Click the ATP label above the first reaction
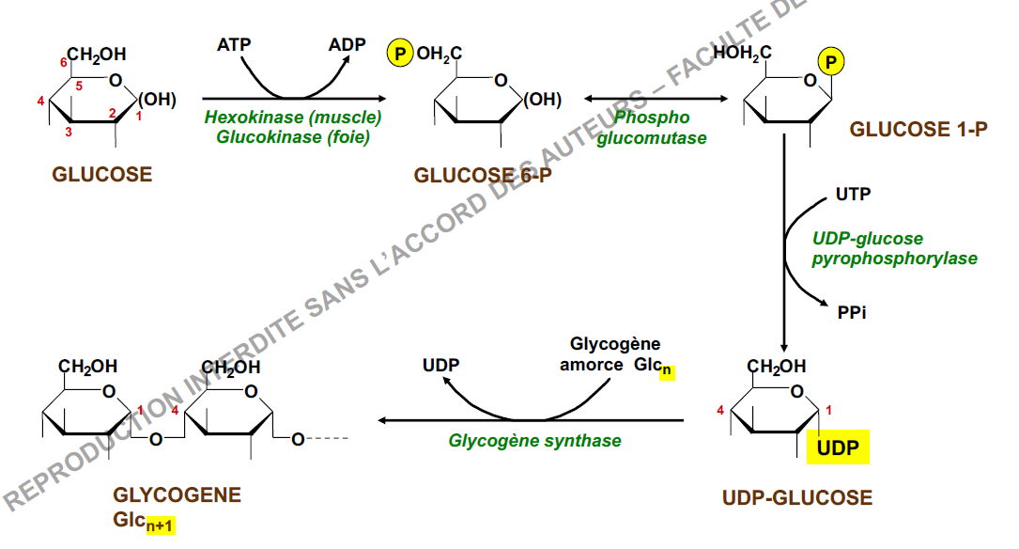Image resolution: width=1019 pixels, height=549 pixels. (x=235, y=44)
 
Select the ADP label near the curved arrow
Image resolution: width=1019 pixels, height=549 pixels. (x=347, y=44)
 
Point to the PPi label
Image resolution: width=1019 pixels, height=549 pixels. (x=851, y=310)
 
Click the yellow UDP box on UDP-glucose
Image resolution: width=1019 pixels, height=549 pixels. (x=838, y=447)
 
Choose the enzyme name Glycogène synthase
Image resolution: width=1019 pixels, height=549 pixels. (x=534, y=440)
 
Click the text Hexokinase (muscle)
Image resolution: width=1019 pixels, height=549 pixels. (x=293, y=118)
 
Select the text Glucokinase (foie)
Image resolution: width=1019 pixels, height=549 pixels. (x=293, y=137)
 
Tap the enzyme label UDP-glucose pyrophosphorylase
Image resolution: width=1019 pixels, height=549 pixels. (x=893, y=248)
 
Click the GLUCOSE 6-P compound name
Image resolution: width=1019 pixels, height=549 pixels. (x=482, y=176)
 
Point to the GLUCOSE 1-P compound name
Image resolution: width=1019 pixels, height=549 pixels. (x=919, y=130)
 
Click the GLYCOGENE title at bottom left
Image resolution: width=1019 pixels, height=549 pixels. (x=177, y=494)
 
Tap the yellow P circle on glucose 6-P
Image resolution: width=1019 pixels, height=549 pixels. (x=400, y=55)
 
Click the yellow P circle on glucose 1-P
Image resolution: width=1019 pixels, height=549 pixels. (x=830, y=63)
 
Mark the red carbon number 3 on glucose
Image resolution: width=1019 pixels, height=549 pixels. (x=69, y=133)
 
